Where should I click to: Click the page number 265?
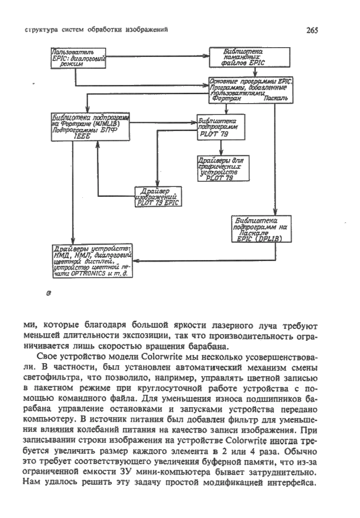point(312,31)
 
